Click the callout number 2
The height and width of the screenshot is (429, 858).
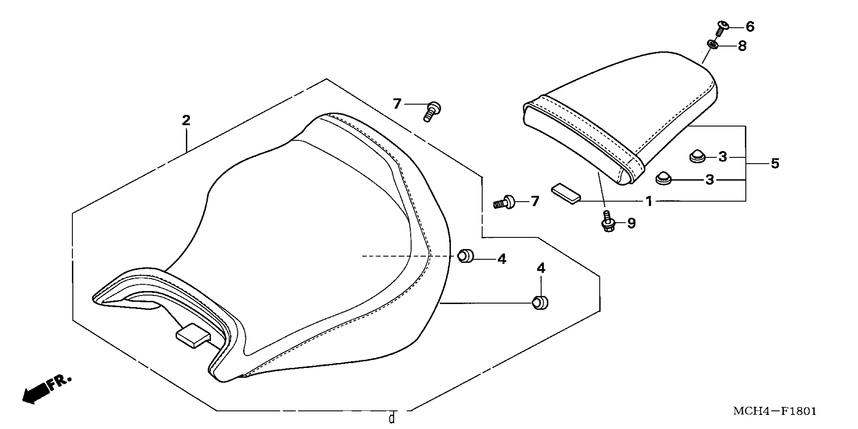click(186, 120)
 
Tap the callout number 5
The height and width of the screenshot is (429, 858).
click(775, 164)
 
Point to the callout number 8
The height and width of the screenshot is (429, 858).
click(742, 46)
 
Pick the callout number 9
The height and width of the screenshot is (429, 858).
click(631, 223)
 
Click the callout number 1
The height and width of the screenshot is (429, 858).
click(648, 201)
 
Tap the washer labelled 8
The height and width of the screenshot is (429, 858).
click(711, 44)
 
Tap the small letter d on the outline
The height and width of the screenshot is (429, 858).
click(392, 418)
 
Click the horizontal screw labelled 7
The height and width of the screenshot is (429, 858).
click(504, 202)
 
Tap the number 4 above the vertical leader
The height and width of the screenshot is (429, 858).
click(541, 268)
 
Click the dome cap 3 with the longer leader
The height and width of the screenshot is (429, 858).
click(664, 179)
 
